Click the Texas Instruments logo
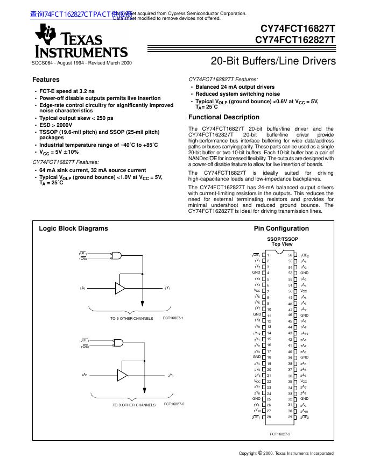81,42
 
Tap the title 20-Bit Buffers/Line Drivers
273,61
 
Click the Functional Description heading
223,117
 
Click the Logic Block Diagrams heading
73,228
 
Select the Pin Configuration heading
281,228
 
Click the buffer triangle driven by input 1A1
120,288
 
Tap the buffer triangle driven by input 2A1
122,374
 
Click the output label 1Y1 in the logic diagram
167,289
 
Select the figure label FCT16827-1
173,318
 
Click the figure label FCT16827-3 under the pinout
280,433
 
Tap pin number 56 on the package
290,255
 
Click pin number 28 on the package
269,417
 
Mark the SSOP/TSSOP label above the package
283,238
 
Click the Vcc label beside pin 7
257,291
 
